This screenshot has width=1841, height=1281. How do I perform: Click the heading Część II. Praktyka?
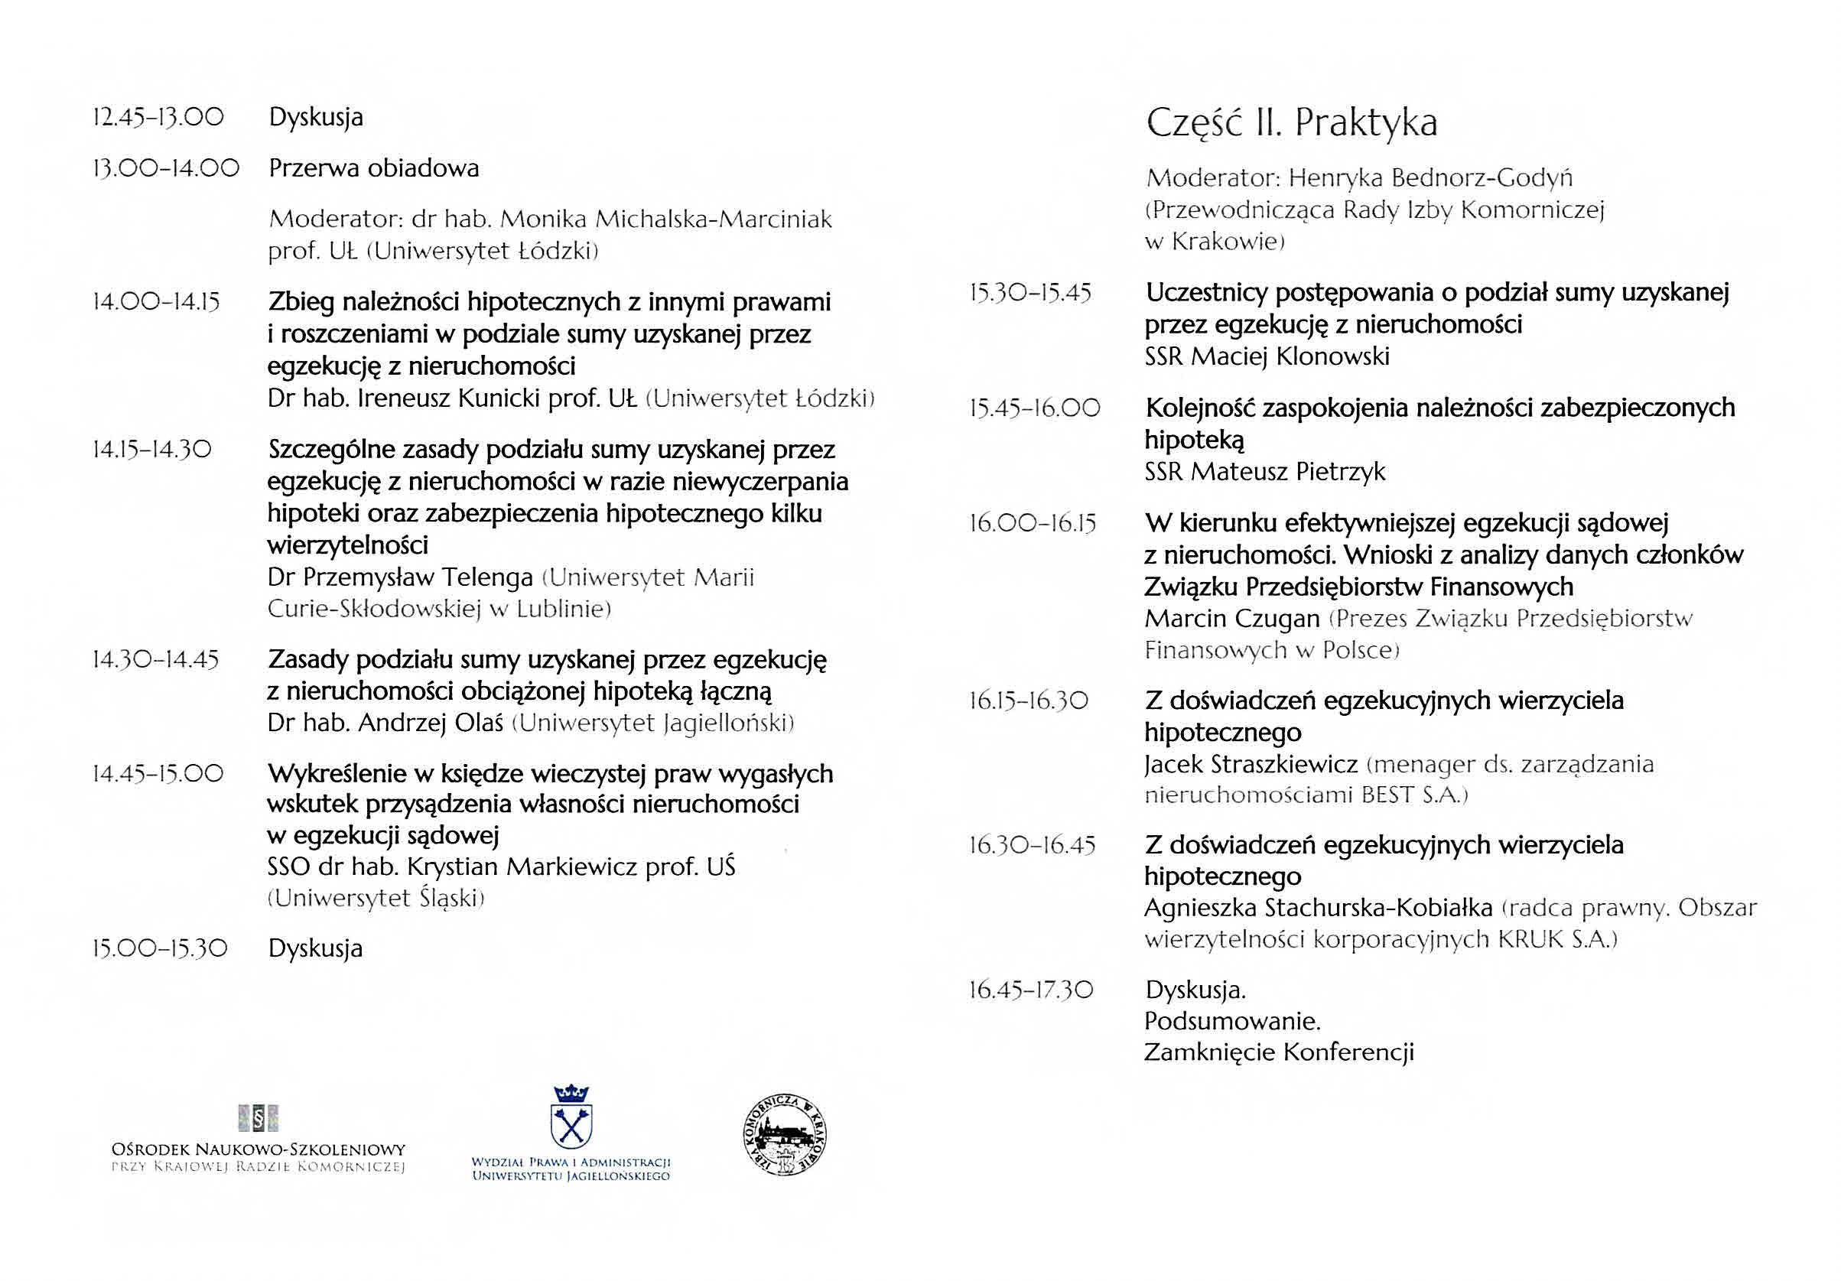coord(1291,123)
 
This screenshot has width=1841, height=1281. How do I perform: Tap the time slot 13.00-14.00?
coord(166,168)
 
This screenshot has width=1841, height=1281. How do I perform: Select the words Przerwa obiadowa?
coord(374,168)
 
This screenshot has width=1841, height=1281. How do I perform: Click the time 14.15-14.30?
coord(152,450)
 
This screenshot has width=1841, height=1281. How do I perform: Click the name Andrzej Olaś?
coord(431,723)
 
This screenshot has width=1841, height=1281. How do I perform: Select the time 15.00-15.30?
coord(160,949)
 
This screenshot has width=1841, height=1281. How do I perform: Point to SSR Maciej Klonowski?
coord(1267,356)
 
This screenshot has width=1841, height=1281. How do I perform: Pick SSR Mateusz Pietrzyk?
coord(1264,471)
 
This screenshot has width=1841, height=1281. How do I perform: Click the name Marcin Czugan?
coord(1231,619)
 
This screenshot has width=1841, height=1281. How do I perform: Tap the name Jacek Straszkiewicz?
coord(1251,764)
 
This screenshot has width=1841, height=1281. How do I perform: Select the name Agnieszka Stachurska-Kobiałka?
coord(1318,908)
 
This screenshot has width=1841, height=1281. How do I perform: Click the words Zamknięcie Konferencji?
coord(1279,1052)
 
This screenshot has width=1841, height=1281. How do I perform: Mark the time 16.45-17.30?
coord(1030,990)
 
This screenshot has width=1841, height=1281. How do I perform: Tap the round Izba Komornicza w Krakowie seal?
coord(785,1136)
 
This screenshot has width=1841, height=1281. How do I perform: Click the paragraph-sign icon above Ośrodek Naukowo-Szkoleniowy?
coord(259,1117)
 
